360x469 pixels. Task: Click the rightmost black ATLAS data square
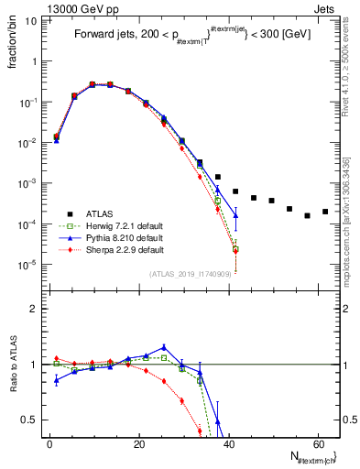point(325,212)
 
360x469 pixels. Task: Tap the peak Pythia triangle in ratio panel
point(163,347)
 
